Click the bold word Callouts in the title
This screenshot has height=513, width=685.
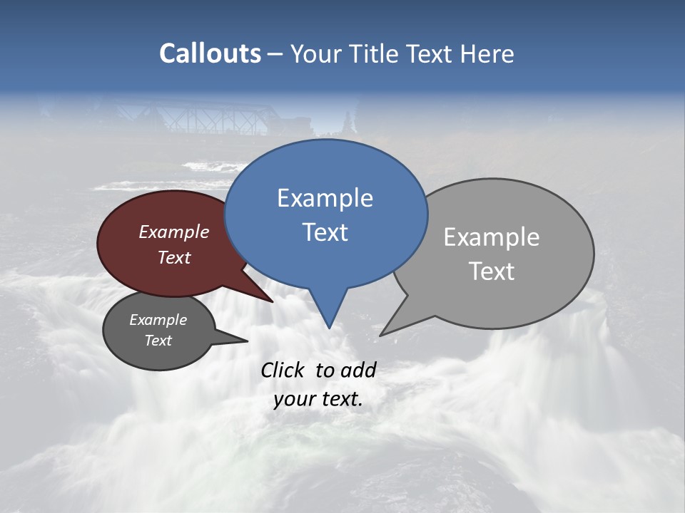click(210, 53)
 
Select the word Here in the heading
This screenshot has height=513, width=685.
click(489, 54)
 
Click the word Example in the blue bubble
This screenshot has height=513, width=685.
click(325, 198)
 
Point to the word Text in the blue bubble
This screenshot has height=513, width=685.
click(325, 232)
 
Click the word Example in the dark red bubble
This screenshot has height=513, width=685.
click(174, 232)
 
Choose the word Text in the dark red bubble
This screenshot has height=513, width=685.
click(174, 257)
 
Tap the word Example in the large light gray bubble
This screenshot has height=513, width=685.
click(491, 237)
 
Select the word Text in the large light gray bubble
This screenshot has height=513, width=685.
click(492, 271)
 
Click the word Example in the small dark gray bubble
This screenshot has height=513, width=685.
click(158, 320)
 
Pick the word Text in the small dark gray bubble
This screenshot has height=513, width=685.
click(158, 341)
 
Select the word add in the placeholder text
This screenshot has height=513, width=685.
click(358, 370)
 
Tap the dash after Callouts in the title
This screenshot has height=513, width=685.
click(275, 54)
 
